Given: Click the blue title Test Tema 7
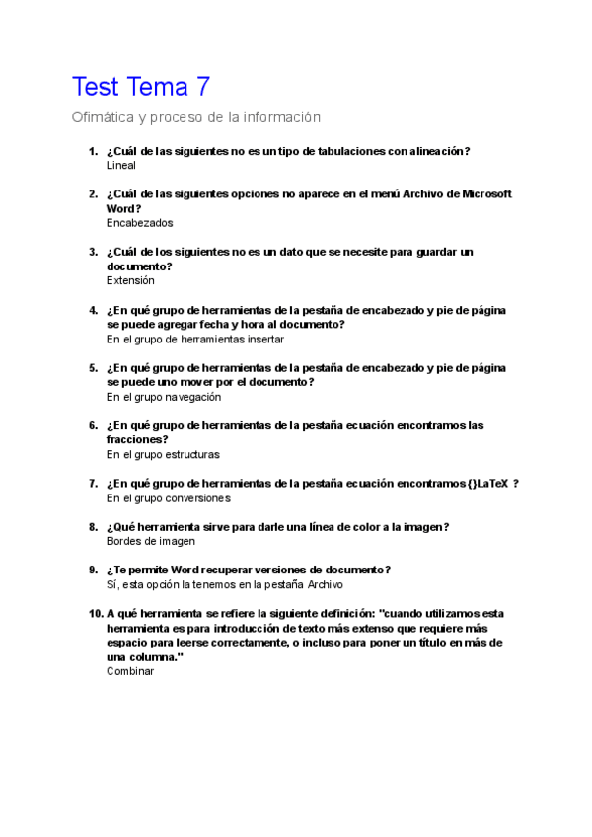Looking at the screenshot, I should tap(141, 87).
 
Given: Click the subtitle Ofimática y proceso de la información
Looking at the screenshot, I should tap(196, 117).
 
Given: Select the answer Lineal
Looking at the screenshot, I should tap(120, 166).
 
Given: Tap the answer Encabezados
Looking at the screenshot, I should tap(139, 223).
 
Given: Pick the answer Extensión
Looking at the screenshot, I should tap(130, 280).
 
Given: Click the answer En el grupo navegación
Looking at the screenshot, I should tap(163, 397).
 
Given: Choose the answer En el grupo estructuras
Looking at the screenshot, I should tap(163, 455).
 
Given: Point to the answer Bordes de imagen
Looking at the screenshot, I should tap(150, 541).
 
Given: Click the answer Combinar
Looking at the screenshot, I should tap(129, 671).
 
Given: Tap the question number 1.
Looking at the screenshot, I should tap(93, 151).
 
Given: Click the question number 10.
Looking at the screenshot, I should tap(95, 613).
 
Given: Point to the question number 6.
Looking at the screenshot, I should tap(93, 426).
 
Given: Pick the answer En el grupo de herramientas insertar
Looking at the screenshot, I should tap(194, 339).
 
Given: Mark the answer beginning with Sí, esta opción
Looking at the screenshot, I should tap(224, 584).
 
